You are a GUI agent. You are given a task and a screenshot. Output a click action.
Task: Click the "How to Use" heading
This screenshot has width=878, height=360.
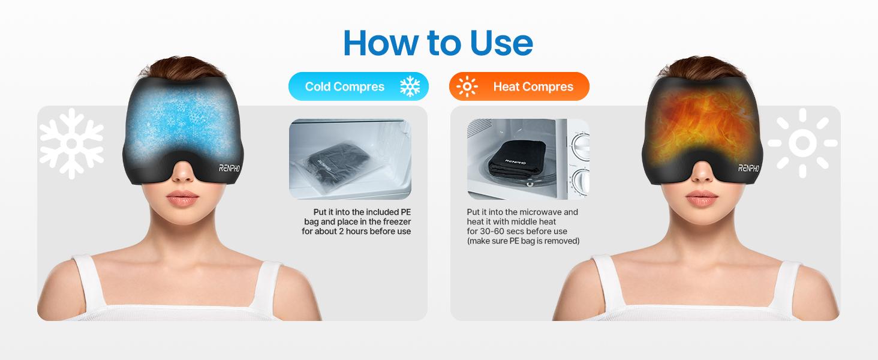(438, 43)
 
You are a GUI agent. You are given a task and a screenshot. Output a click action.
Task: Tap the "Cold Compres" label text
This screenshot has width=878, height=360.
(344, 86)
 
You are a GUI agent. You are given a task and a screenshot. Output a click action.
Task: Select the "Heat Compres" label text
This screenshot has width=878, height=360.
(533, 86)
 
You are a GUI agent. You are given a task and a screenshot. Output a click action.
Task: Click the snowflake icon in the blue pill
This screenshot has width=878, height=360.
(410, 86)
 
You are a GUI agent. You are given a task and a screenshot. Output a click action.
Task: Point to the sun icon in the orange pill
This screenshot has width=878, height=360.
(467, 86)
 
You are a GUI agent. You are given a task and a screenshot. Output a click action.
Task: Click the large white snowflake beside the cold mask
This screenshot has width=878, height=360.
(72, 143)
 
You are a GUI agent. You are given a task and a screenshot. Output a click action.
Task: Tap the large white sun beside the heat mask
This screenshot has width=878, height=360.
(802, 143)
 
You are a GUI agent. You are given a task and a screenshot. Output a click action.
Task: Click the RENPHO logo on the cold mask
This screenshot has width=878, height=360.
(229, 168)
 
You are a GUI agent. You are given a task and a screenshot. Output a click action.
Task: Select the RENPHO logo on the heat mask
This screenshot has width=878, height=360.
(748, 168)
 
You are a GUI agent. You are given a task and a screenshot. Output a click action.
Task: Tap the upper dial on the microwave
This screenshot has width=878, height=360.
(581, 146)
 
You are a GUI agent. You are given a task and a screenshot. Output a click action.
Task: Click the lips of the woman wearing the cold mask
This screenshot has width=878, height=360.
(183, 198)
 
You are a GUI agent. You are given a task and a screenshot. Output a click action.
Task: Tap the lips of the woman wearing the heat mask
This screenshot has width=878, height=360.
(702, 198)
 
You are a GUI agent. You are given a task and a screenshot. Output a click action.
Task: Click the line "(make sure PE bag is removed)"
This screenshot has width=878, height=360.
(523, 241)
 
